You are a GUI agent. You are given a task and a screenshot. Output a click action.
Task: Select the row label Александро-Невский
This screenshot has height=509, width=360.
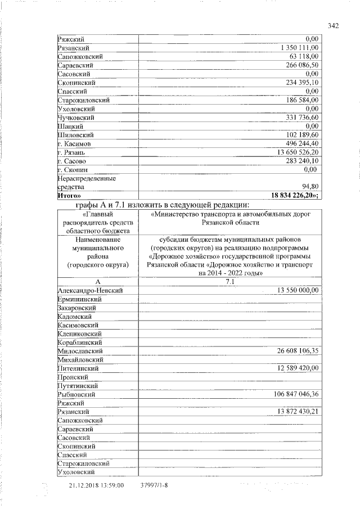click(90, 290)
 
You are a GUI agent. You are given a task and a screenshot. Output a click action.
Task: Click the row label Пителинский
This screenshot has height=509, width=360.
click(78, 368)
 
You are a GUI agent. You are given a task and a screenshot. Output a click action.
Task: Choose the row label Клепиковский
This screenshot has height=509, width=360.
click(79, 333)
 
